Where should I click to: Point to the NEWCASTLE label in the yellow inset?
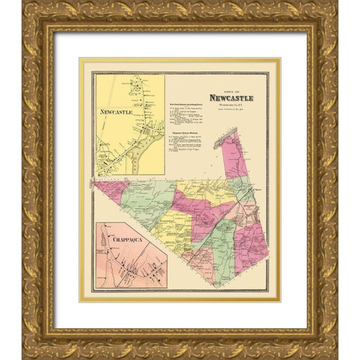[x=116, y=111]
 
